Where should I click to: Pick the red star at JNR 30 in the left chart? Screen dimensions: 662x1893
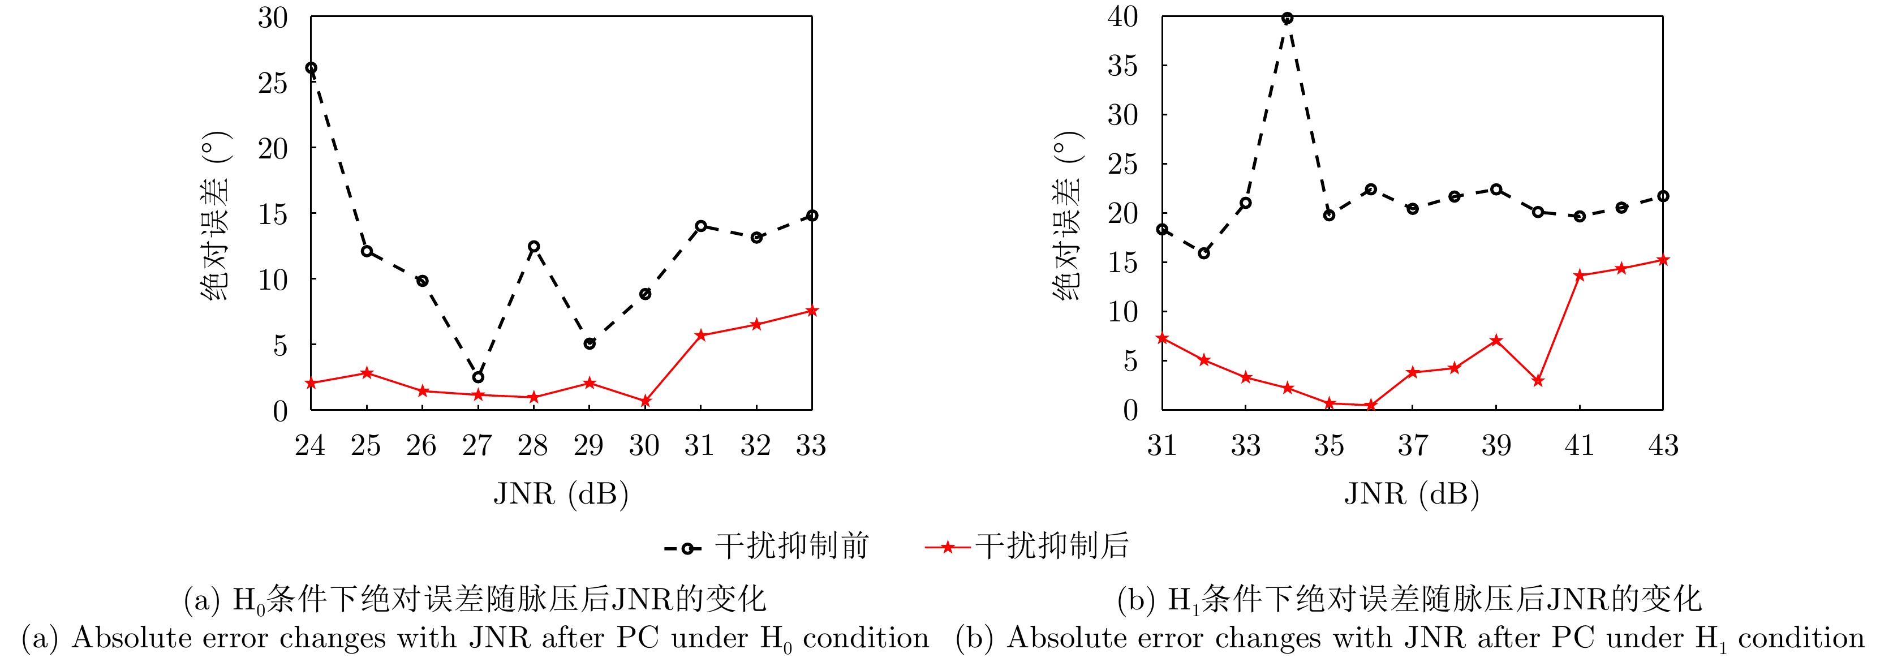645,401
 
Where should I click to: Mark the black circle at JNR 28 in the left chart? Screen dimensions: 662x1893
534,247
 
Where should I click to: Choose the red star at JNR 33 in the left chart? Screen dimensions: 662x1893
812,311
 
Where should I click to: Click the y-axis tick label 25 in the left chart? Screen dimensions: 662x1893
273,83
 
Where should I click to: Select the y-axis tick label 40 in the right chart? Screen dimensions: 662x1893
1123,16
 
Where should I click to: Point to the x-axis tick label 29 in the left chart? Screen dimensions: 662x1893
588,445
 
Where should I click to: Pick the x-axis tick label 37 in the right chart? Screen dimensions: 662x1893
1413,445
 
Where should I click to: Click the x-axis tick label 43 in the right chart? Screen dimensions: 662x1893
1663,445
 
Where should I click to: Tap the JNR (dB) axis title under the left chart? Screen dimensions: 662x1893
561,494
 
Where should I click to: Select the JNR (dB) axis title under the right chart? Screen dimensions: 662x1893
1412,494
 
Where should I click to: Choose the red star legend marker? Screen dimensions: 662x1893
948,547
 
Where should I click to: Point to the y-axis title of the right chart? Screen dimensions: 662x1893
1068,216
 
